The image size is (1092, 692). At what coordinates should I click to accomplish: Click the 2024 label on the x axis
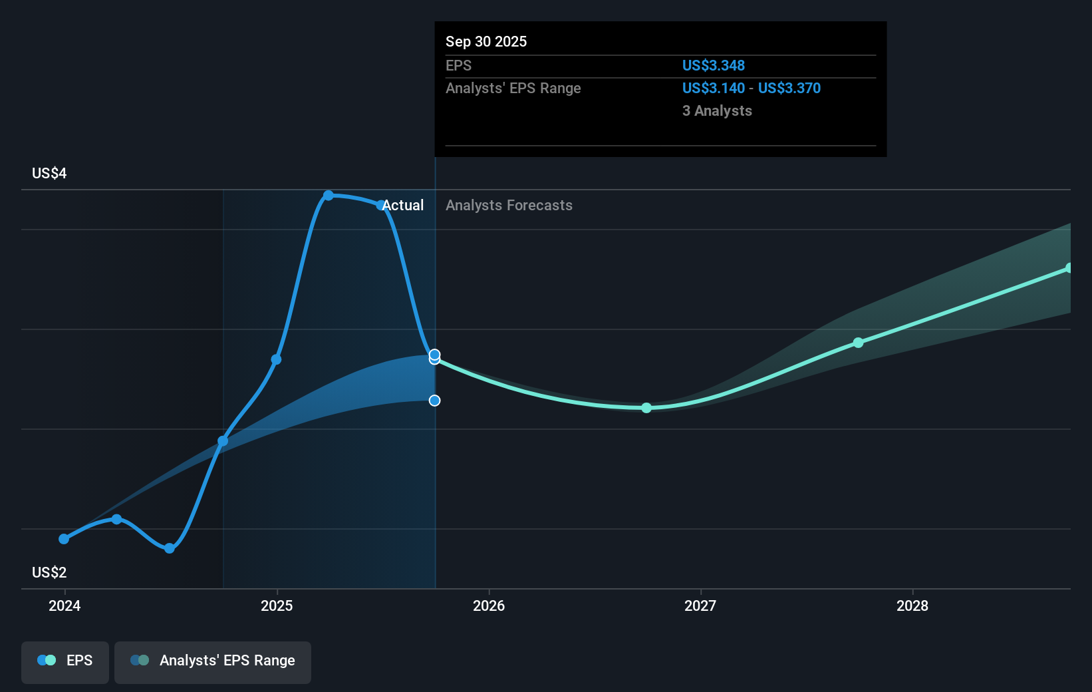pyautogui.click(x=65, y=605)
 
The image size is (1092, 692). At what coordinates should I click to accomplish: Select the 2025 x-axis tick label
pyautogui.click(x=277, y=605)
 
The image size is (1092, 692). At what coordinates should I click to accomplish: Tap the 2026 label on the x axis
pyautogui.click(x=489, y=605)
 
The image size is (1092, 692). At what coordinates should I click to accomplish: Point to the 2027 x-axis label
pyautogui.click(x=700, y=605)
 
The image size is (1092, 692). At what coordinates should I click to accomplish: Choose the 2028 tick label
pyautogui.click(x=912, y=605)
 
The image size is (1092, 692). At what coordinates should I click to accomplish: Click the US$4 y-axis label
pyautogui.click(x=49, y=174)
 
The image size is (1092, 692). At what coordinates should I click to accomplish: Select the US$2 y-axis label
pyautogui.click(x=49, y=572)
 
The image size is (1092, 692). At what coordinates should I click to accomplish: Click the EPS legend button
pyautogui.click(x=65, y=661)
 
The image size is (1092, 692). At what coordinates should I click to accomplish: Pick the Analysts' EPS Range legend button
pyautogui.click(x=213, y=661)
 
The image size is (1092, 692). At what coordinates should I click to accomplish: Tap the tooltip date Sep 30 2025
pyautogui.click(x=486, y=41)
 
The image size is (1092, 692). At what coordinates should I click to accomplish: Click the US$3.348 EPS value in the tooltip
pyautogui.click(x=713, y=65)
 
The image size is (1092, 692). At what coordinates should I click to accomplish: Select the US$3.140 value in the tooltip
pyautogui.click(x=713, y=88)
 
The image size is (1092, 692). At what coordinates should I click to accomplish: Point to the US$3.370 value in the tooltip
pyautogui.click(x=789, y=88)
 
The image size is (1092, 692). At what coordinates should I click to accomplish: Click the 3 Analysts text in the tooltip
pyautogui.click(x=717, y=110)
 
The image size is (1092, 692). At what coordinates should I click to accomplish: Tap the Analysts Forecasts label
pyautogui.click(x=509, y=205)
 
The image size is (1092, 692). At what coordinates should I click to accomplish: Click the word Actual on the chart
pyautogui.click(x=403, y=205)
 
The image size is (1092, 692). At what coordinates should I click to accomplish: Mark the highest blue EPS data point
pyautogui.click(x=329, y=196)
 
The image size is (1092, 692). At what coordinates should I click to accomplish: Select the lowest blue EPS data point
pyautogui.click(x=170, y=548)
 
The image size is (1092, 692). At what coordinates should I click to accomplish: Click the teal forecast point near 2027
pyautogui.click(x=646, y=408)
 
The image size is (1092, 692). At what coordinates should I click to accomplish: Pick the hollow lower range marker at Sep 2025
pyautogui.click(x=434, y=401)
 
